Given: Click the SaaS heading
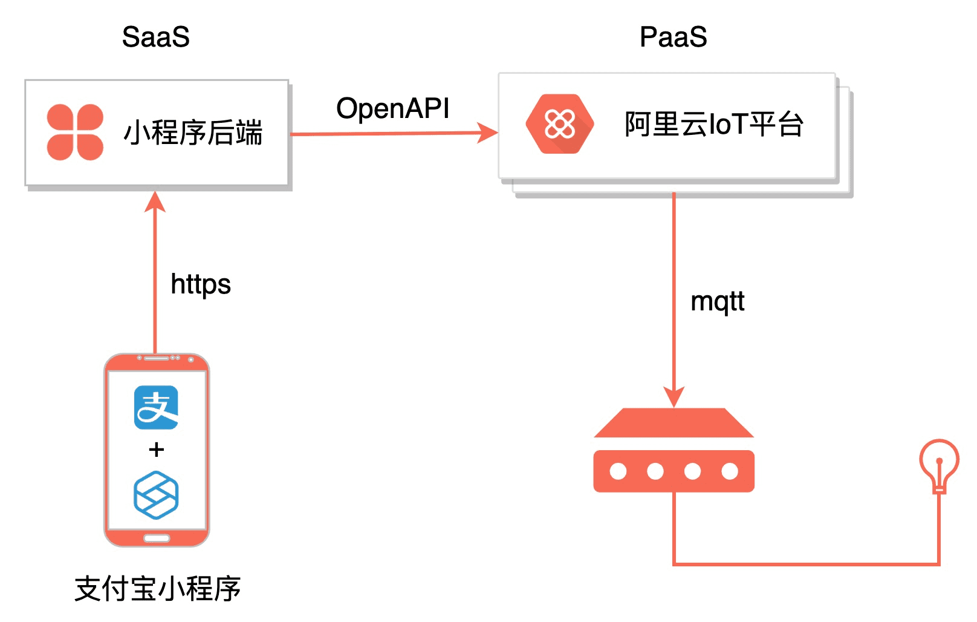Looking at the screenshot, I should (x=156, y=37).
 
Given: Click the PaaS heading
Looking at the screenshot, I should (x=673, y=37).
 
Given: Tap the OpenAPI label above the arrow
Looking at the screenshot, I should (x=393, y=109).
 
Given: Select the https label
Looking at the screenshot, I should (x=201, y=284).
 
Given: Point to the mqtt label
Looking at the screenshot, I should (x=718, y=301).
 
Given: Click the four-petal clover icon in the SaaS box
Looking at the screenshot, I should (x=75, y=133).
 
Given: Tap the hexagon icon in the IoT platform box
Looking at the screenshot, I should (x=560, y=124).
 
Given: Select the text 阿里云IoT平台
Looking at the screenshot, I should (x=714, y=125).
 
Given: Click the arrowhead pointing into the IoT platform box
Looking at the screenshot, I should (x=488, y=133).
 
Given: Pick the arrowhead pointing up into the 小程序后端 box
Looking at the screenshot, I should (x=155, y=201).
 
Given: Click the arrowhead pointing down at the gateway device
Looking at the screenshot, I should (x=674, y=397).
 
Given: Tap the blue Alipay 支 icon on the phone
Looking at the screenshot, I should (x=156, y=407).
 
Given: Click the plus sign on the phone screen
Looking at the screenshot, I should (x=156, y=450).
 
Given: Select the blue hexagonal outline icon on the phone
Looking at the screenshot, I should (x=156, y=495).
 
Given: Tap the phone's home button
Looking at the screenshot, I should (x=157, y=538).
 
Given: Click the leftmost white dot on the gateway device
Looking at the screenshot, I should (x=618, y=471).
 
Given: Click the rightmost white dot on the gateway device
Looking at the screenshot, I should (x=730, y=471).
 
